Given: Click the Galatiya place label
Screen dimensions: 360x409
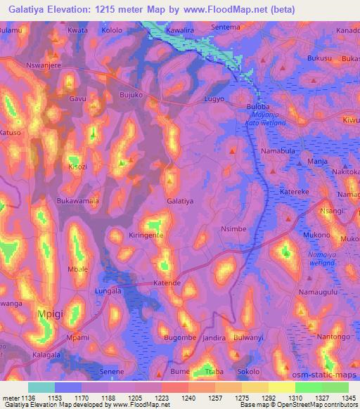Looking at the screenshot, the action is (x=180, y=201).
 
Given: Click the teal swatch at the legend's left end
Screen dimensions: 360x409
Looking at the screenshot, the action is (x=41, y=387).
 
